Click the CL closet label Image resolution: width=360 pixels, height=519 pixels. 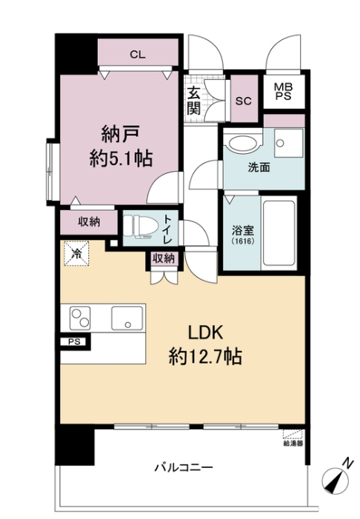click(x=139, y=53)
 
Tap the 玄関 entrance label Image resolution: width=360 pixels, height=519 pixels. click(x=193, y=101)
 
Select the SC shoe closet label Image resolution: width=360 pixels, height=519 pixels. click(x=242, y=101)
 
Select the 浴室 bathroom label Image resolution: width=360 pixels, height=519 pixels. click(x=239, y=231)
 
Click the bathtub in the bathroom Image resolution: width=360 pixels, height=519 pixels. click(x=280, y=231)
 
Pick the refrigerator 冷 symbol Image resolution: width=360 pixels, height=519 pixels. click(x=77, y=253)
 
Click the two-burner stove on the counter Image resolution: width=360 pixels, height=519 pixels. click(x=81, y=319)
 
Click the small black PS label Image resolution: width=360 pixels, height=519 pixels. click(x=73, y=342)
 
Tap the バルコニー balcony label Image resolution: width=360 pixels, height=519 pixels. click(x=184, y=468)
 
